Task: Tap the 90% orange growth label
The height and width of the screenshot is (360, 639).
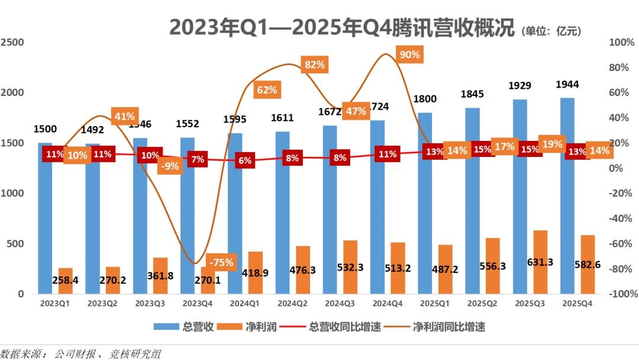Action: (x=409, y=55)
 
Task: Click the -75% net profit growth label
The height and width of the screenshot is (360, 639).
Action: (x=221, y=262)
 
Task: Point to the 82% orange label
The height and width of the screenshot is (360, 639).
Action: (x=314, y=65)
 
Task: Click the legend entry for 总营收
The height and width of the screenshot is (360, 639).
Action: (x=184, y=327)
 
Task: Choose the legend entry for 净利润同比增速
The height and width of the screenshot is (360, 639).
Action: (x=438, y=327)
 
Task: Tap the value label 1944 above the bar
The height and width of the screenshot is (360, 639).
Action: (x=567, y=85)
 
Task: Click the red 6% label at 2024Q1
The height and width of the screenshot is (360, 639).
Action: (x=245, y=160)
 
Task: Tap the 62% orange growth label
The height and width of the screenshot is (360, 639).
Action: (x=267, y=90)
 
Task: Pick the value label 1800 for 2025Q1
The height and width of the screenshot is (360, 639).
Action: (x=425, y=99)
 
